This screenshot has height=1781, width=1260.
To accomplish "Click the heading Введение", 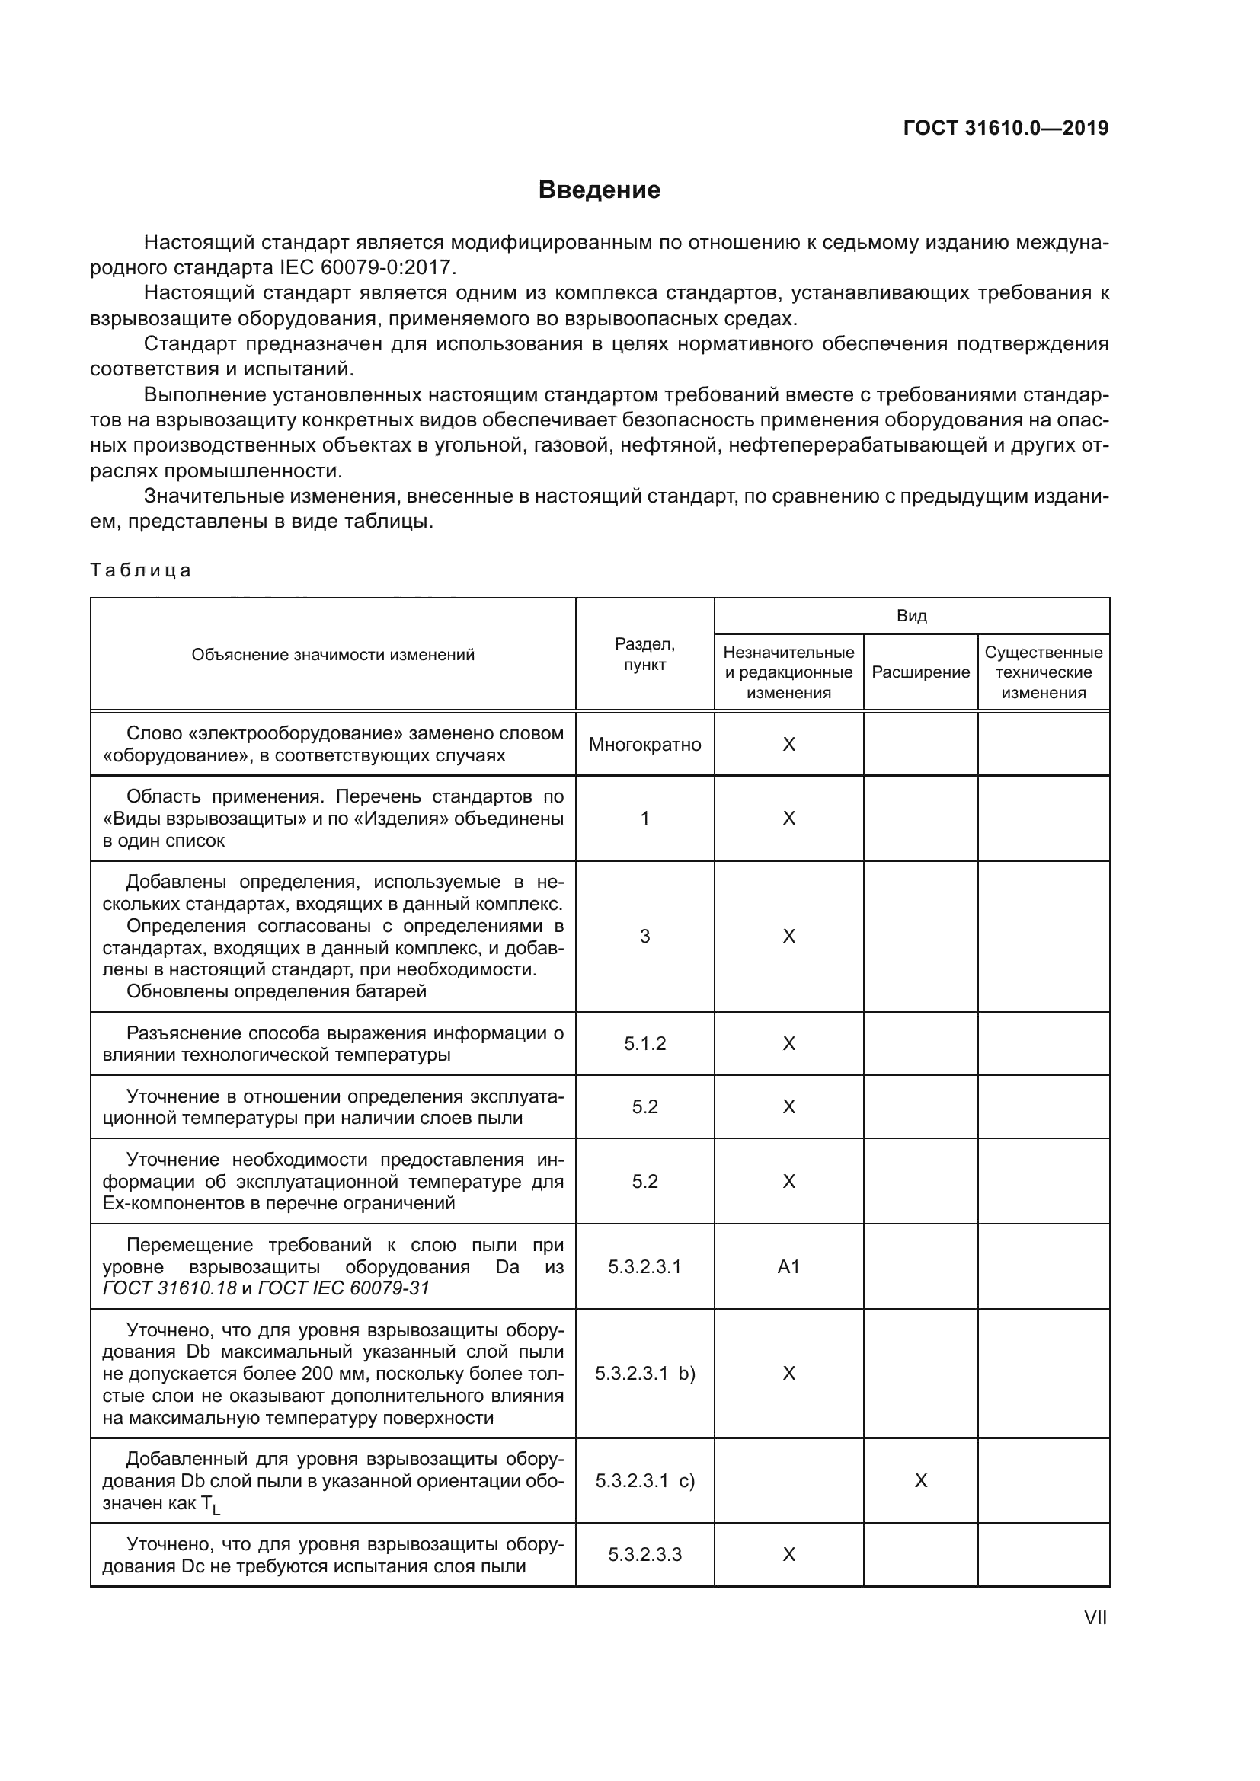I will [x=599, y=190].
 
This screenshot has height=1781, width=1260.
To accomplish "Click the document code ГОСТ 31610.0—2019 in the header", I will [x=1006, y=128].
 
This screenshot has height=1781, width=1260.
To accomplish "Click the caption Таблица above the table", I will [x=140, y=570].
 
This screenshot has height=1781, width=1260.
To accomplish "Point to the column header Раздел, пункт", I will [x=644, y=654].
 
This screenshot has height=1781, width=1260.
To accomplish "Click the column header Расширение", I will [x=920, y=672].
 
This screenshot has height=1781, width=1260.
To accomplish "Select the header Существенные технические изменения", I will [x=1043, y=672].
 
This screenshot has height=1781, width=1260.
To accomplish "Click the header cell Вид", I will [x=912, y=616].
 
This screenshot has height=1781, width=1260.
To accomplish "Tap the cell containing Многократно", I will [x=644, y=745].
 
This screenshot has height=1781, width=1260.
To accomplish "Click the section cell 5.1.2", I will [x=644, y=1043].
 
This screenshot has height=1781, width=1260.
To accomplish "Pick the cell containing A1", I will [x=788, y=1267].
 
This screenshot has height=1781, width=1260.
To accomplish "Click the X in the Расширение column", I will [x=921, y=1481].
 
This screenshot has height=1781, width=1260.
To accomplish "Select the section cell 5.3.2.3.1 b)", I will [x=644, y=1374].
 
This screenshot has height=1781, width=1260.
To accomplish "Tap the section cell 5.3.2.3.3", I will [x=644, y=1555].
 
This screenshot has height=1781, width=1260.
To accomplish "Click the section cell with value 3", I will [x=644, y=937].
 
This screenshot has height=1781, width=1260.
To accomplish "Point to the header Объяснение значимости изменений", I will [x=333, y=655].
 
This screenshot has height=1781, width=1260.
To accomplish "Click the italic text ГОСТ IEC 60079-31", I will [x=343, y=1288].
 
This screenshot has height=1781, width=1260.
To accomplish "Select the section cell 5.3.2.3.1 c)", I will [x=644, y=1481].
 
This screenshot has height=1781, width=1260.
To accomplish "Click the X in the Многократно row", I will [x=788, y=745].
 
